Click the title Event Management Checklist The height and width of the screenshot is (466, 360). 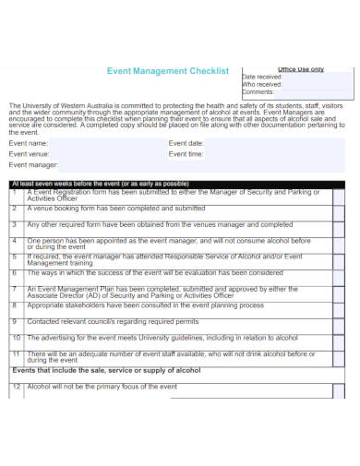(x=168, y=70)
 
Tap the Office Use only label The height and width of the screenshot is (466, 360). (x=301, y=69)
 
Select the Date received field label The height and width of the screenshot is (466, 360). (x=262, y=77)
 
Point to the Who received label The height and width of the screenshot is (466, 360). (x=262, y=85)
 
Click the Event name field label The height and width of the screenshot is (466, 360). (x=29, y=144)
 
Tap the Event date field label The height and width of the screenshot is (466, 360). (x=186, y=144)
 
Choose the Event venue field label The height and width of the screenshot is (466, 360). (x=30, y=154)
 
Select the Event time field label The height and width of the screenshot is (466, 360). (x=186, y=154)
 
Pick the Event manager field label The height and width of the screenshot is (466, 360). (x=33, y=165)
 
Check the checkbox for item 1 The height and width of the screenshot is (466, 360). (x=338, y=195)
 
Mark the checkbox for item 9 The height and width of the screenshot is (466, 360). (x=338, y=322)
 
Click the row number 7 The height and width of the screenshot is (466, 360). (x=15, y=289)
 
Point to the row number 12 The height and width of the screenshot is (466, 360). (x=16, y=387)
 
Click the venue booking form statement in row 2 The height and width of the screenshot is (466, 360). (x=115, y=209)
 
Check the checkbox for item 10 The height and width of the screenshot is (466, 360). (x=338, y=339)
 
